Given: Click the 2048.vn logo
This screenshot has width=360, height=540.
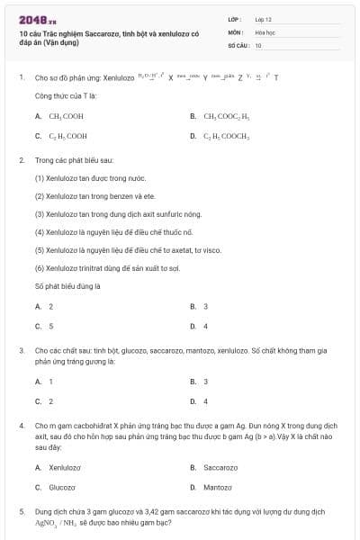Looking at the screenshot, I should [x=37, y=19].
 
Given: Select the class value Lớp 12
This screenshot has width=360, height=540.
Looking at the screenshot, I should [x=264, y=18].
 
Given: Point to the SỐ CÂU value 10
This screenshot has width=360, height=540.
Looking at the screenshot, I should [x=258, y=44].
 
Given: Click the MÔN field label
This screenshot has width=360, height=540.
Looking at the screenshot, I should [x=235, y=31].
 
